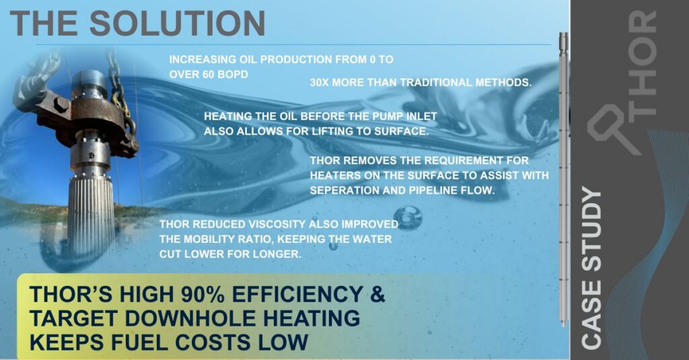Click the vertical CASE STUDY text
[591, 268]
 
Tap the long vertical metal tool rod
[564, 182]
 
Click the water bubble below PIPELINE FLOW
[408, 217]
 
